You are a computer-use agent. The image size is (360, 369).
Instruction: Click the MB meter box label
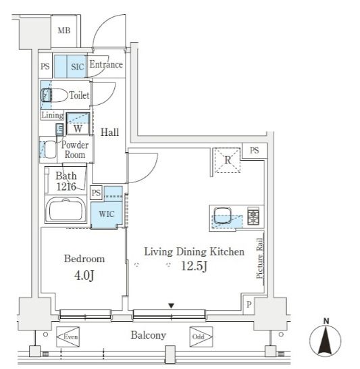coord(64,30)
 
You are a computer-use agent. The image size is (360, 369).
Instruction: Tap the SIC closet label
coord(78,67)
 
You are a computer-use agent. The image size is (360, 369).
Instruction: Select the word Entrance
coord(106,64)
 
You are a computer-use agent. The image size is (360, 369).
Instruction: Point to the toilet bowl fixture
coord(54,95)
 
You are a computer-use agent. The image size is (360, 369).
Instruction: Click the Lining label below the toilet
coord(53,115)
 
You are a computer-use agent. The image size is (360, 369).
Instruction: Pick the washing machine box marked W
coord(78,124)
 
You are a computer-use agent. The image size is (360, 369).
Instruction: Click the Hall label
coord(109,132)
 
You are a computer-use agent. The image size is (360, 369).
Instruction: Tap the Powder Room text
coord(75,150)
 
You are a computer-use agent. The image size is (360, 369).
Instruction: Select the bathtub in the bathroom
coord(66,210)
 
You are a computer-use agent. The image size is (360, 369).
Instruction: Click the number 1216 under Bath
coord(66,187)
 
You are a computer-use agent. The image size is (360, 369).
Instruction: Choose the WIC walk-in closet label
coord(107,214)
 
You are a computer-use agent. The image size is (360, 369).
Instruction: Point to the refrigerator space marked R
coord(227,160)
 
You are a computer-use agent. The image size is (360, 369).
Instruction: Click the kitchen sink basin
coord(222,215)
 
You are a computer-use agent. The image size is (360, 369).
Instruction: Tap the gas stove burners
coord(253,216)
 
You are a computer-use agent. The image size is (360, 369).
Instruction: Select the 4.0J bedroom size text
coord(84,275)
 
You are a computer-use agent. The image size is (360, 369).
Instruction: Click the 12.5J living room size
coord(194,266)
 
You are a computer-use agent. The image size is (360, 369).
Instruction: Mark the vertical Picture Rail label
coord(259,258)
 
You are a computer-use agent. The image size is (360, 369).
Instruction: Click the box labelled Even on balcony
coord(68,337)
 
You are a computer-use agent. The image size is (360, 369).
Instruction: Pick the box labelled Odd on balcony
coord(201,337)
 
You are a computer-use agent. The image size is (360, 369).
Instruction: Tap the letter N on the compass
coord(326,321)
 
